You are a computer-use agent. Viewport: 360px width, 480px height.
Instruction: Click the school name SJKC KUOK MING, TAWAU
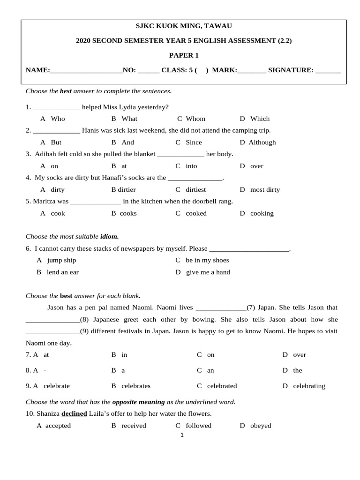(x=184, y=26)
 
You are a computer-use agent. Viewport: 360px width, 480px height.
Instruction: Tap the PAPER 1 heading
(x=184, y=55)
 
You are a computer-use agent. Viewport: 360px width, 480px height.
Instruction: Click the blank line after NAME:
(x=86, y=71)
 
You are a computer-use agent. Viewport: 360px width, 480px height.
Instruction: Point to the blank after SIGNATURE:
(x=328, y=71)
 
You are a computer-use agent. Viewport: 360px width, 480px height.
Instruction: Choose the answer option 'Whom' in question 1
(x=195, y=119)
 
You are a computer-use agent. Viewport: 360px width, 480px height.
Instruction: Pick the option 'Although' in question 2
(x=262, y=142)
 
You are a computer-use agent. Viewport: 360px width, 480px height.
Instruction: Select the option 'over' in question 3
(x=257, y=166)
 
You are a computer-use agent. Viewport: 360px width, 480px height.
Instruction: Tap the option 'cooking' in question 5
(x=262, y=213)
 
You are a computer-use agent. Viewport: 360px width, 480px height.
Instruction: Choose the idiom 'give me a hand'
(x=208, y=272)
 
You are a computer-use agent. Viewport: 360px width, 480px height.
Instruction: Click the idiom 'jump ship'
(x=61, y=260)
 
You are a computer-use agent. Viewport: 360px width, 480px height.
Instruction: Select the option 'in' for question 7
(x=124, y=355)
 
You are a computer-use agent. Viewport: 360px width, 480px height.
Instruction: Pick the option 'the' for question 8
(x=298, y=370)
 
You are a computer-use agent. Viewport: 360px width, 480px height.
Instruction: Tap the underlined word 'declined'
(x=74, y=414)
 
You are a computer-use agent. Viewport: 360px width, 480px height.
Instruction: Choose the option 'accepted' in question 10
(x=58, y=426)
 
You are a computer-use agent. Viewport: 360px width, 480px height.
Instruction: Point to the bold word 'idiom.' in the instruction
(x=109, y=237)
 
